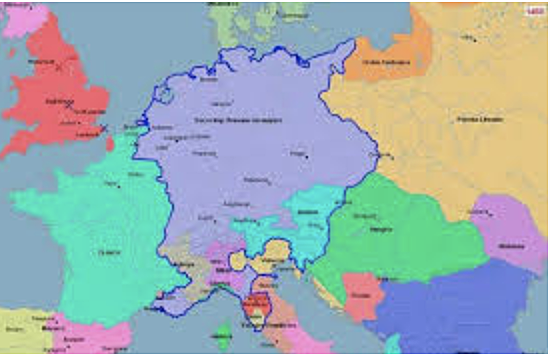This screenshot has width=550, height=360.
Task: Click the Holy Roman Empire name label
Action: pyautogui.click(x=236, y=120)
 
